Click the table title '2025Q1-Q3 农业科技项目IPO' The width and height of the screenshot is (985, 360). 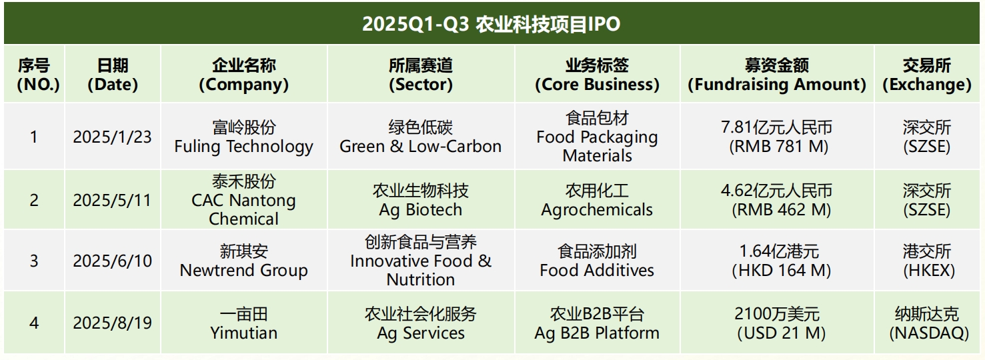click(491, 24)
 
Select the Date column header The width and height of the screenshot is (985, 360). click(113, 75)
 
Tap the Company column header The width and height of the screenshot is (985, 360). click(244, 75)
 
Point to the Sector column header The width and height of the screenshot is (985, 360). click(421, 75)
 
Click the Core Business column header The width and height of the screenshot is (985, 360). click(597, 75)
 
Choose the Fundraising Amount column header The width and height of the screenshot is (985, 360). click(777, 75)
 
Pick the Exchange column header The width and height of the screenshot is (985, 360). click(927, 75)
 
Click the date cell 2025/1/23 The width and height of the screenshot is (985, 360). click(112, 137)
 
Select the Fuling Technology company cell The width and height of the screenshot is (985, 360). click(244, 137)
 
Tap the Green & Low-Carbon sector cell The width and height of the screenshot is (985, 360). click(420, 137)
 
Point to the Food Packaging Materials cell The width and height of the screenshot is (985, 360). click(597, 137)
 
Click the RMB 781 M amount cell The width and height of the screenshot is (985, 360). click(777, 137)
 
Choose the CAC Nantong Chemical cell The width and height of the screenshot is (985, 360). click(244, 200)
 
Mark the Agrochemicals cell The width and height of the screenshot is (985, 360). click(597, 200)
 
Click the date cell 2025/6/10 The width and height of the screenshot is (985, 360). click(112, 261)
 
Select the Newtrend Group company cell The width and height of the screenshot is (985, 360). click(244, 261)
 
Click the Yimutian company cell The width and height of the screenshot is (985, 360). click(244, 323)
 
